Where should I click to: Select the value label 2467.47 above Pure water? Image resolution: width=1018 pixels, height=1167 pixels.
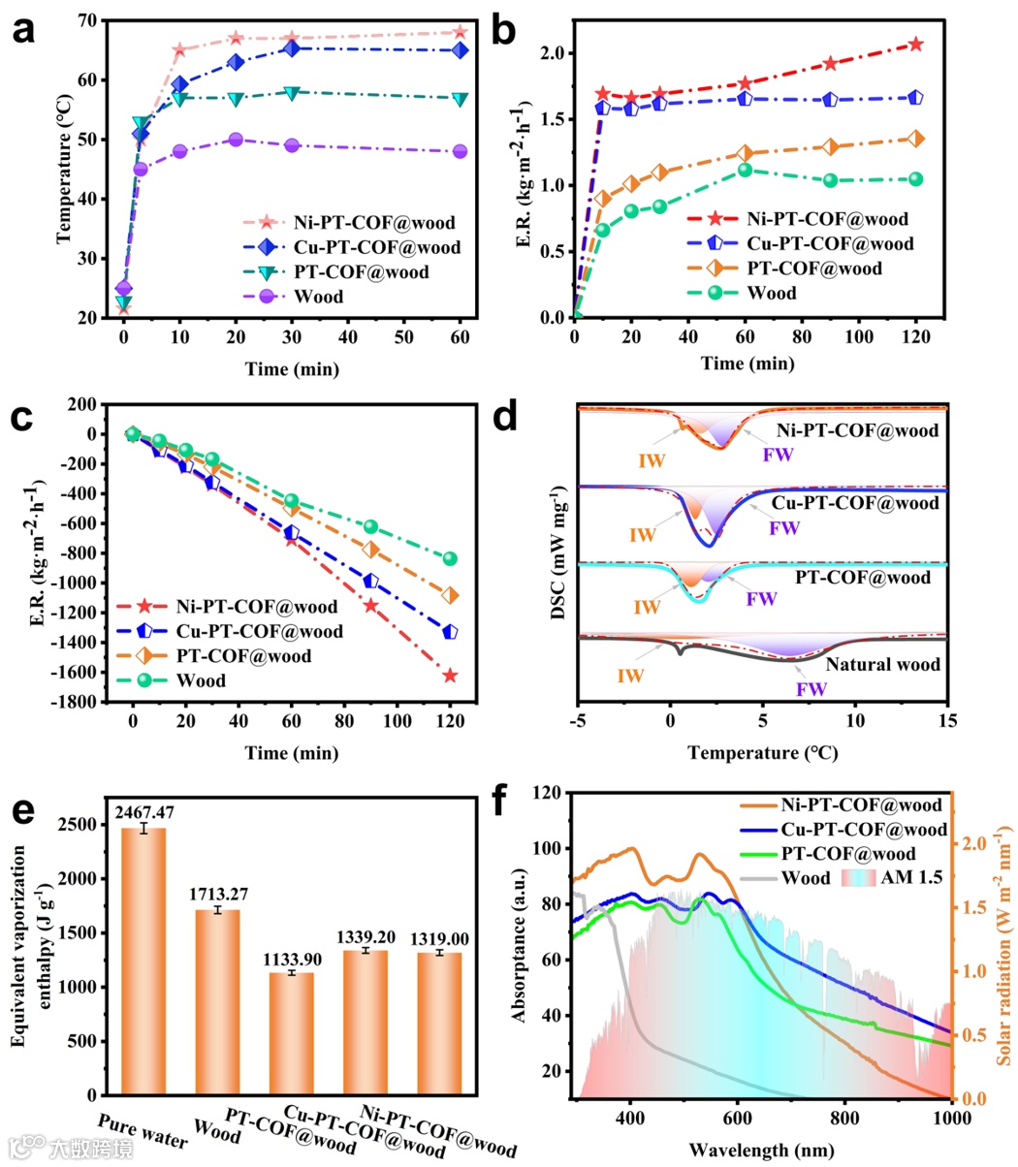click(143, 812)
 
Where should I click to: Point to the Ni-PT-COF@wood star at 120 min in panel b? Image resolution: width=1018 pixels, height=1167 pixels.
click(915, 44)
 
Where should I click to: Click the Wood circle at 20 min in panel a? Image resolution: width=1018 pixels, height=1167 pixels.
click(236, 140)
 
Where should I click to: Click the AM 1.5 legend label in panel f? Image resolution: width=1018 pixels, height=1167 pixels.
click(912, 878)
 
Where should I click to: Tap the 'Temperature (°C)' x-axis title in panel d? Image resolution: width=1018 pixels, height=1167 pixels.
click(762, 752)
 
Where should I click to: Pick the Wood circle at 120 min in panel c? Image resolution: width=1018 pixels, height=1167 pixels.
click(450, 558)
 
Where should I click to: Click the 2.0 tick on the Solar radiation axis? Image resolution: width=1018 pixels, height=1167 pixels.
click(973, 843)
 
